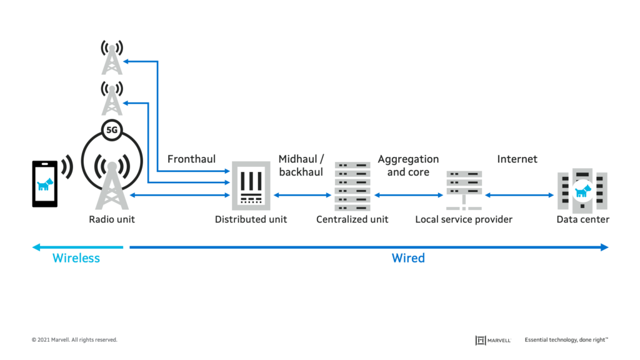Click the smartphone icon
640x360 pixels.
click(x=45, y=184)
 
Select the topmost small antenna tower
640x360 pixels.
click(x=112, y=57)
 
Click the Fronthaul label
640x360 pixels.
click(x=191, y=159)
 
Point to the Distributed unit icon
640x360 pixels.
click(x=251, y=186)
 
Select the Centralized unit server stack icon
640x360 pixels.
click(x=352, y=186)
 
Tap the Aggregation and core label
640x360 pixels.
click(x=408, y=166)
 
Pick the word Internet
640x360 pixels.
click(x=517, y=159)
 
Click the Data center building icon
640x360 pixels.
click(x=582, y=189)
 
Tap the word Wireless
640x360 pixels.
click(x=76, y=257)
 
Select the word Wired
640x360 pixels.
click(x=408, y=257)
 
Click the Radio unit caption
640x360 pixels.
click(x=112, y=219)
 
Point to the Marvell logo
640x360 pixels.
click(x=493, y=340)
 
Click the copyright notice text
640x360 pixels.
click(x=74, y=340)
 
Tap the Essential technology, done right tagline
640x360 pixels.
click(x=566, y=340)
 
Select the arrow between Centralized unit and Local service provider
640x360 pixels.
click(x=408, y=196)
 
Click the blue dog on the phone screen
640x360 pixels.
click(x=45, y=184)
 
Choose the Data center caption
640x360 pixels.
click(x=582, y=219)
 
